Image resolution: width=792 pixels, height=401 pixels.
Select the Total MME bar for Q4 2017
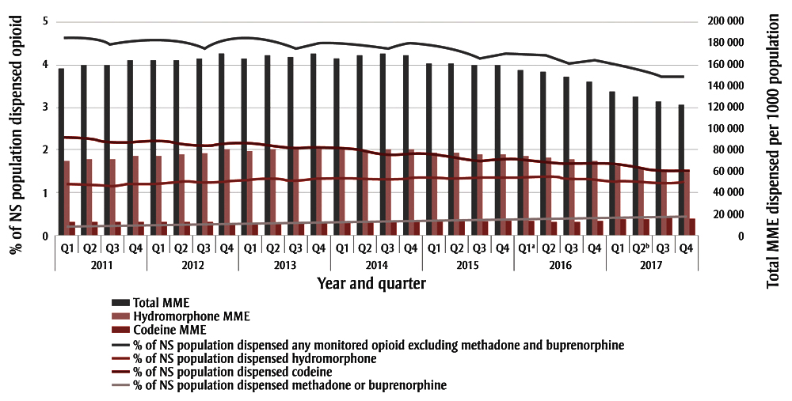[681, 170]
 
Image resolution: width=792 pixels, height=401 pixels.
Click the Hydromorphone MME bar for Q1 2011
[67, 198]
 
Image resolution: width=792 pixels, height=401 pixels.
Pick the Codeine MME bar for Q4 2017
[693, 227]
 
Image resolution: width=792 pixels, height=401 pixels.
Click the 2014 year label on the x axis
[376, 263]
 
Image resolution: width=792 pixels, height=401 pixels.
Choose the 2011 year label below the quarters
[101, 263]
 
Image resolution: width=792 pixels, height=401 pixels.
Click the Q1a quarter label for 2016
[526, 247]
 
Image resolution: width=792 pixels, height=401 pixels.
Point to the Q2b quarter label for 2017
[641, 247]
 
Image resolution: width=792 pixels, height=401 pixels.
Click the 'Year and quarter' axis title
[372, 282]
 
